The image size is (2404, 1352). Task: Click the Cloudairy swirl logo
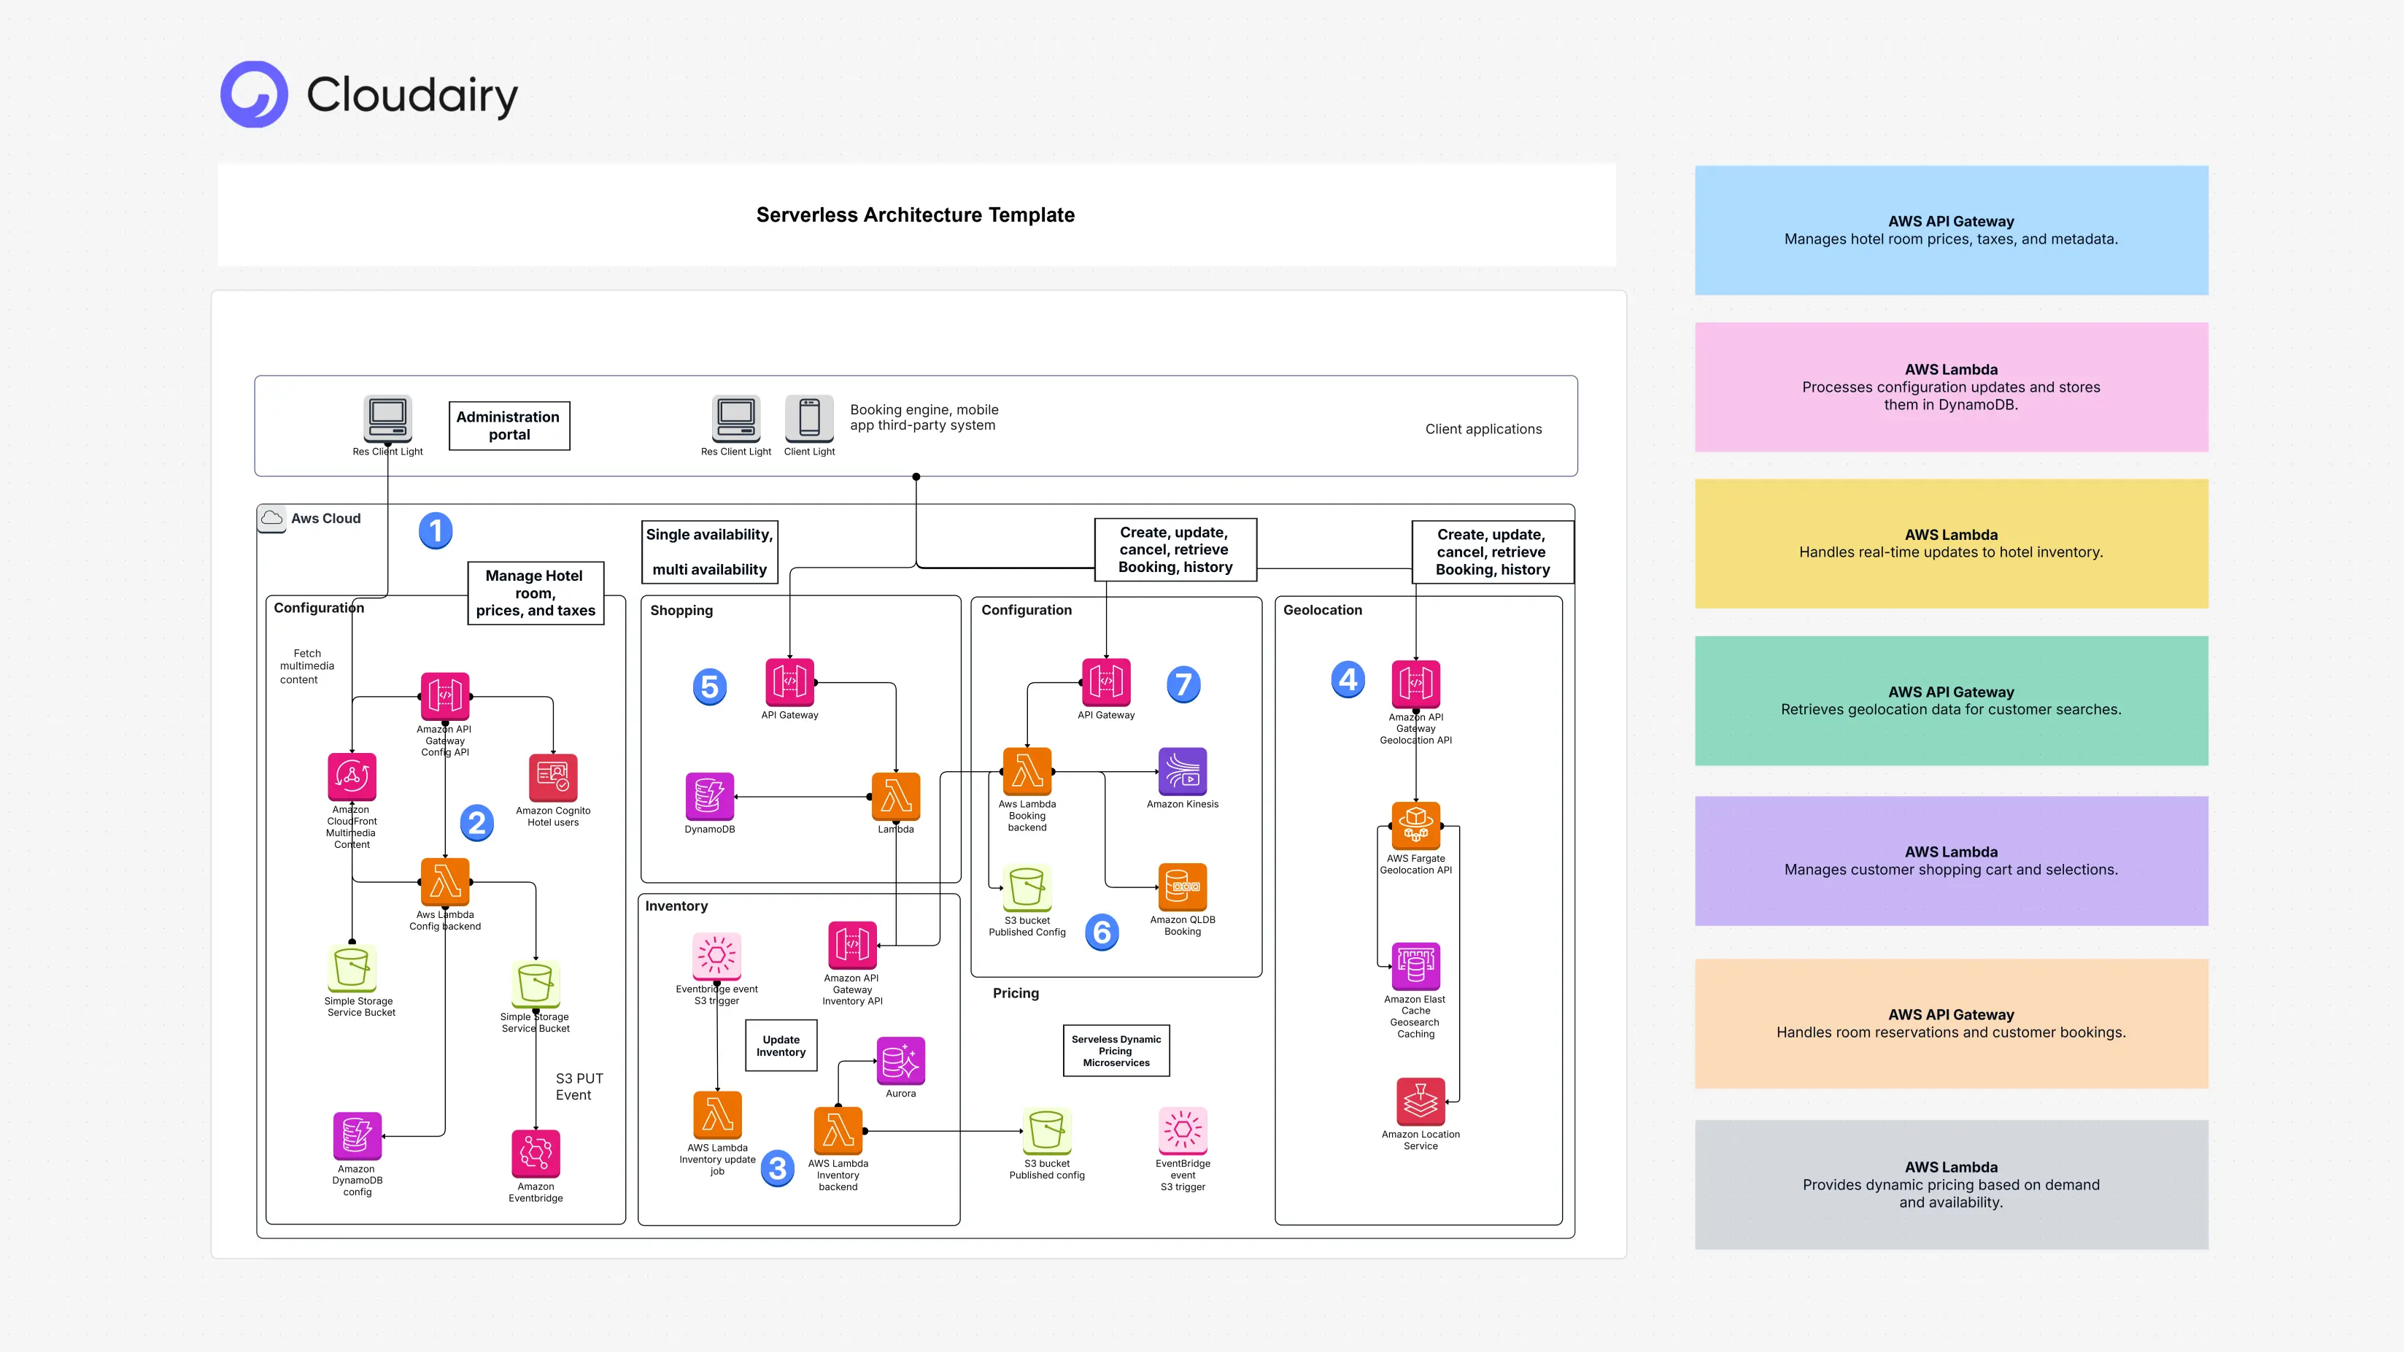coord(254,94)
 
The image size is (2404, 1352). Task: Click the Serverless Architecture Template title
coord(915,215)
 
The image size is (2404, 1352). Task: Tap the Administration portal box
coord(509,425)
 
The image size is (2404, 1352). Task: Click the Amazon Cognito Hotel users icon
coord(552,777)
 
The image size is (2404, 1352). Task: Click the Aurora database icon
coord(900,1060)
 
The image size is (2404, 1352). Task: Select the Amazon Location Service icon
coord(1420,1101)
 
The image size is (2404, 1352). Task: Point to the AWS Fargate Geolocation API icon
coord(1415,824)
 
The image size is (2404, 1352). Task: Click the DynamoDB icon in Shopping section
coord(709,796)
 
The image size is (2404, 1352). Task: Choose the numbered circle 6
coord(1101,931)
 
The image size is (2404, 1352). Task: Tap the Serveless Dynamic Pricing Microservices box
coord(1116,1051)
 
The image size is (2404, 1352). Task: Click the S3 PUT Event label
coord(579,1086)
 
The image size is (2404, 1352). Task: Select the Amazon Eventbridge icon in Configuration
coord(536,1154)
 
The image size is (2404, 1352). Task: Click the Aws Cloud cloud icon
coord(271,518)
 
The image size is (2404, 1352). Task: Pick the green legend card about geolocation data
coord(1950,700)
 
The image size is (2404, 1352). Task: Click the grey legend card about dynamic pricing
coord(1950,1184)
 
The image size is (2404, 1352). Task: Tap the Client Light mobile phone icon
coord(809,418)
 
